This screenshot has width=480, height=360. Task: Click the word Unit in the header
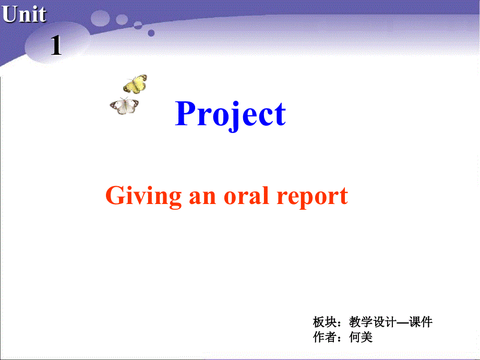[24, 14]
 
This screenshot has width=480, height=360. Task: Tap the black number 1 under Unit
[56, 46]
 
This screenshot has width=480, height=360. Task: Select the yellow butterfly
[135, 83]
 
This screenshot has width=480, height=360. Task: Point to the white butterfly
[124, 106]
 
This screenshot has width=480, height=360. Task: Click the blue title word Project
[230, 114]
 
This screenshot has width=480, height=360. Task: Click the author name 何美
[361, 338]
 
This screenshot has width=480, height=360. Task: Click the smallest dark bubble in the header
[151, 33]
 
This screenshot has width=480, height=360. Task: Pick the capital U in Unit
[9, 14]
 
